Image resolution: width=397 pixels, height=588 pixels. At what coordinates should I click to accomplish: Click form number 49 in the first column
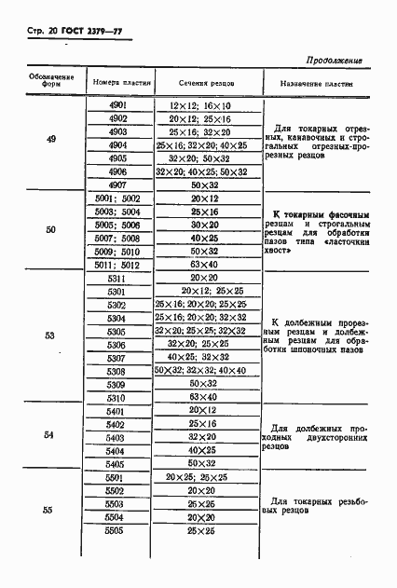[x=51, y=139]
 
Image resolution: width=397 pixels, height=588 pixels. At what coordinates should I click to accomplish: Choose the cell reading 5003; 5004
[x=117, y=212]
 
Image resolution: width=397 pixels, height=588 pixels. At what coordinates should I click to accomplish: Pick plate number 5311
[x=117, y=278]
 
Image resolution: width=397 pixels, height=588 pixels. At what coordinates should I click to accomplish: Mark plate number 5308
[x=117, y=371]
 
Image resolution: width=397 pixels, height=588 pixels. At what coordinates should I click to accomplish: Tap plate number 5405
[x=117, y=463]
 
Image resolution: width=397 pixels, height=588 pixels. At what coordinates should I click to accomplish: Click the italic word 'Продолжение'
[x=334, y=61]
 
